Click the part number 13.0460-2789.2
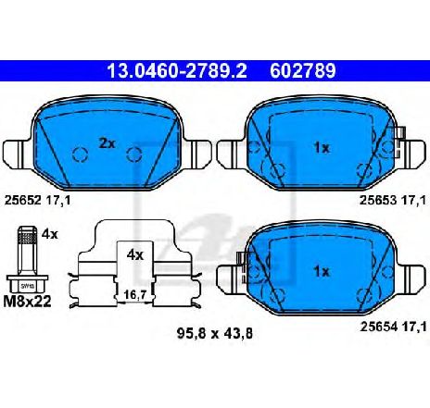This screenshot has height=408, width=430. (x=177, y=71)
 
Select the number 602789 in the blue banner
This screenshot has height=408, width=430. (x=303, y=71)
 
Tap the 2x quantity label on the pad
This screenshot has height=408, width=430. (x=107, y=143)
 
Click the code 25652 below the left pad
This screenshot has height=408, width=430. (x=22, y=201)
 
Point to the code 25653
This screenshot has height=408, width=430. (x=378, y=201)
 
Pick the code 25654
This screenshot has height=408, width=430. (x=378, y=327)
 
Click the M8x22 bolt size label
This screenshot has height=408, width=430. (x=27, y=301)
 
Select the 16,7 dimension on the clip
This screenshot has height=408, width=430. (x=134, y=295)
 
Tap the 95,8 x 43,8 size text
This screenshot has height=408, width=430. (x=215, y=333)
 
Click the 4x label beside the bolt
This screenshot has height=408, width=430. (x=50, y=234)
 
